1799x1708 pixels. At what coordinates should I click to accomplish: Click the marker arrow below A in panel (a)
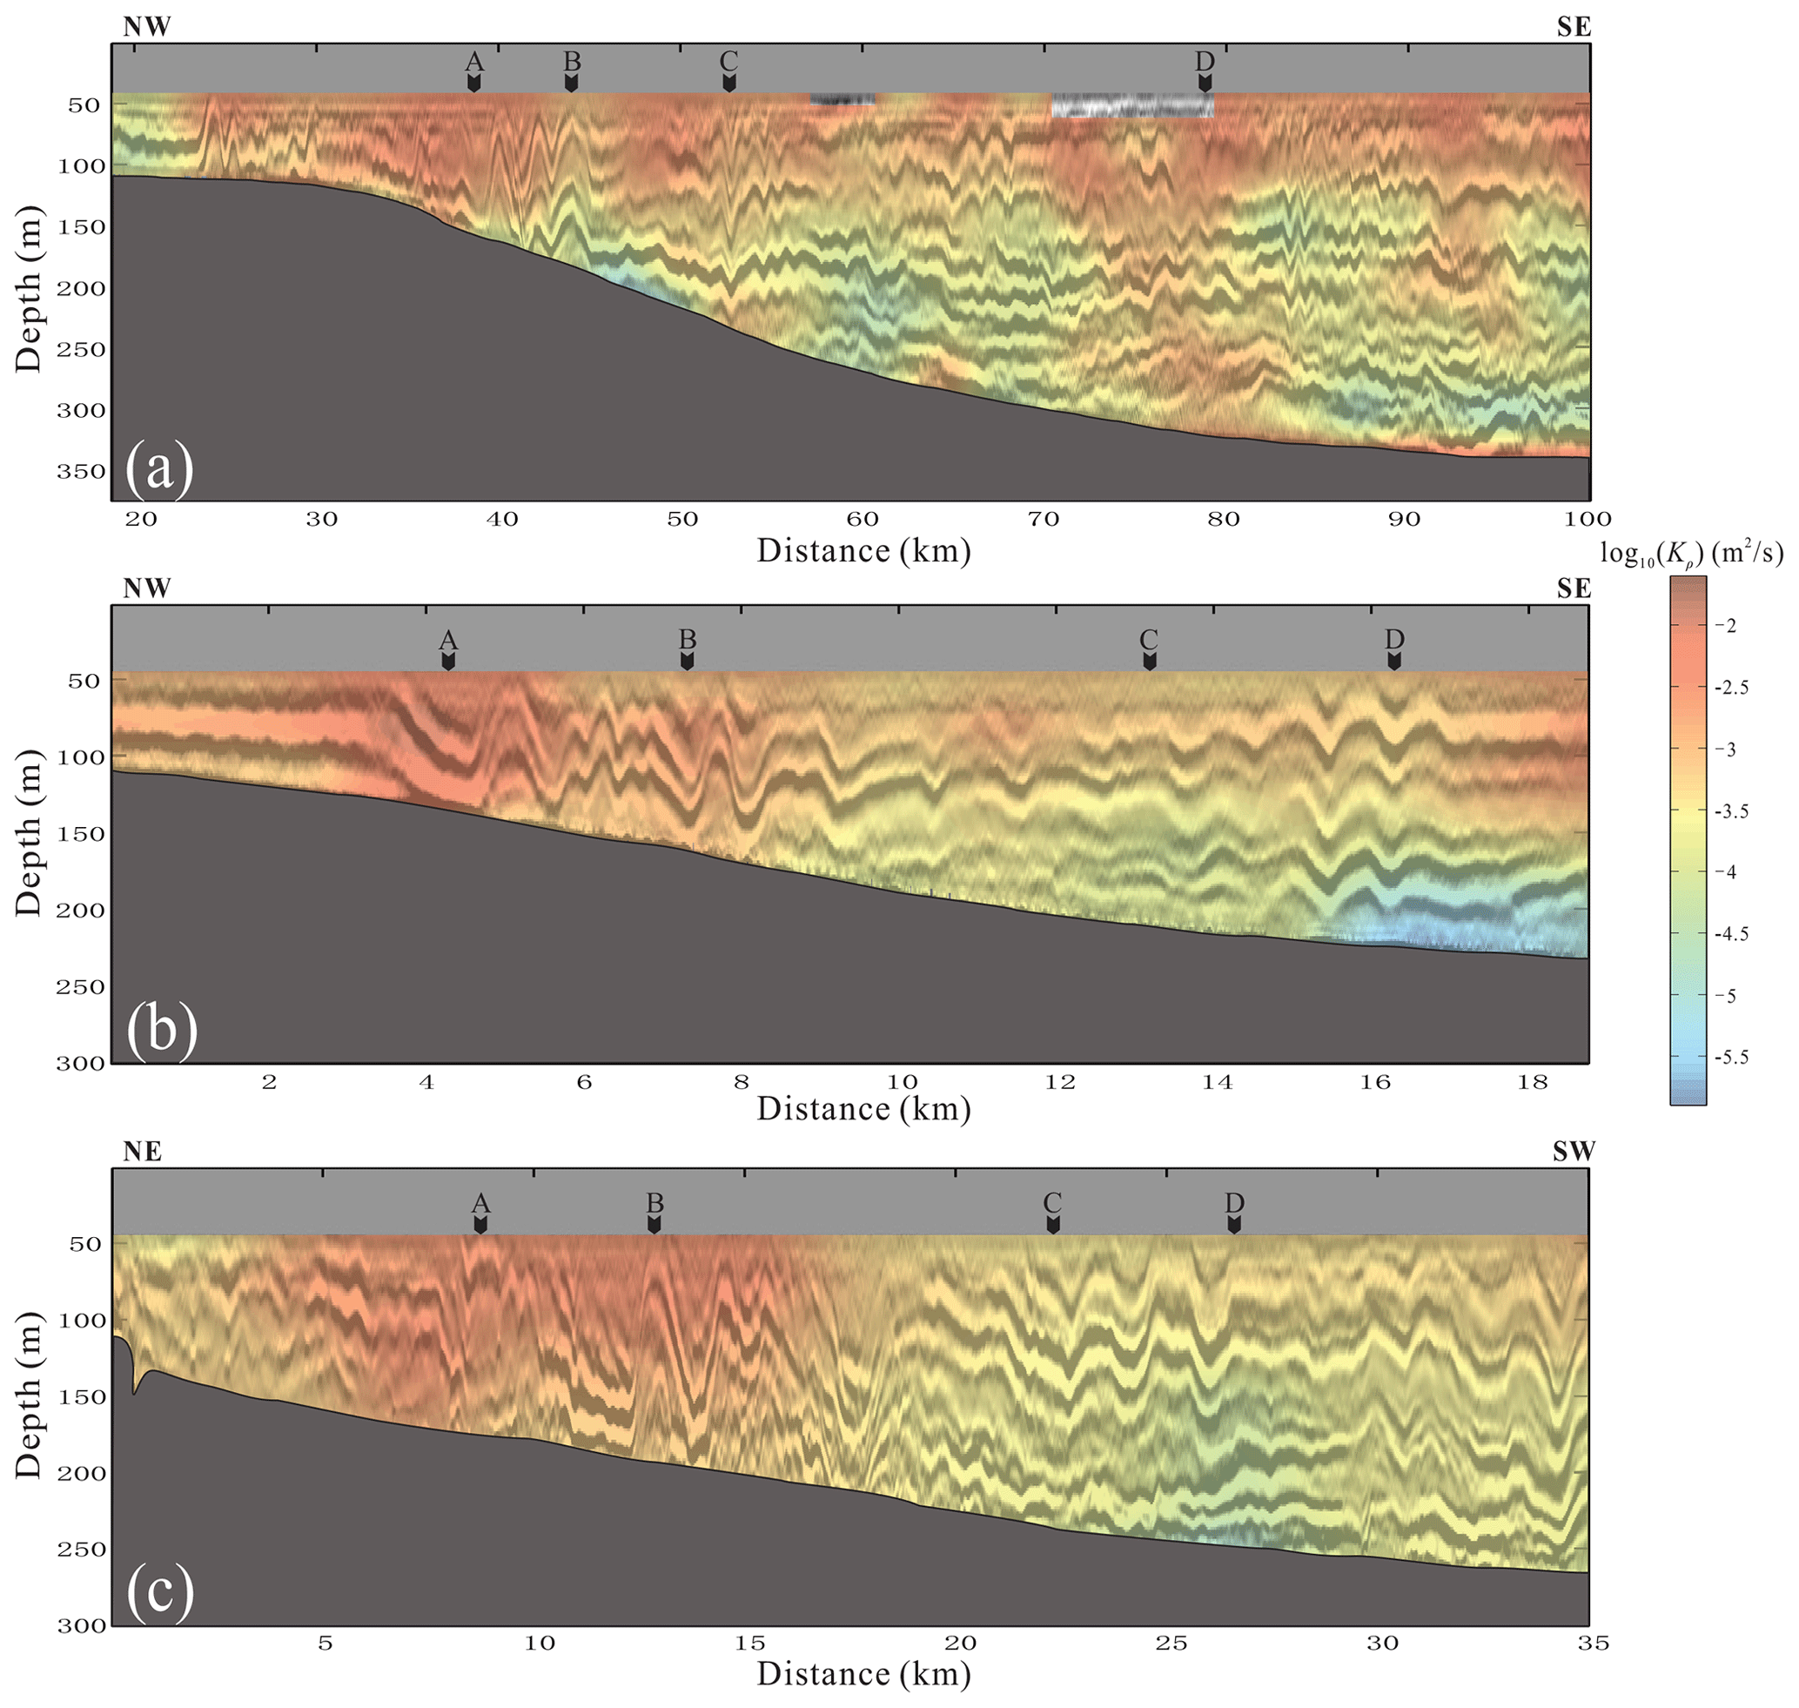click(473, 83)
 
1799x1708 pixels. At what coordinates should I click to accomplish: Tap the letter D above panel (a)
click(1204, 61)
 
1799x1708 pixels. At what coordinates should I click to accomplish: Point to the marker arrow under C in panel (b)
click(1149, 661)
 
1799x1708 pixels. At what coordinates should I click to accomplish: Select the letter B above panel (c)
click(654, 1202)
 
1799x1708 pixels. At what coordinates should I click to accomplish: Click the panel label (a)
click(159, 467)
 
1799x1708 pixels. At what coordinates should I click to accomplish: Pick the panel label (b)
click(161, 1029)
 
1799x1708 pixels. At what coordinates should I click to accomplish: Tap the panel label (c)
click(160, 1593)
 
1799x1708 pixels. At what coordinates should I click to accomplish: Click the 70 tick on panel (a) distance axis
click(1044, 520)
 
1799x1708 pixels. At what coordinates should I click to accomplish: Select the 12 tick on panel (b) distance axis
click(1060, 1083)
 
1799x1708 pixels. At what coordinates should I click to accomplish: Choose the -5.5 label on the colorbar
click(1730, 1058)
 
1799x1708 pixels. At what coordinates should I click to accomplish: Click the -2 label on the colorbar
click(1725, 625)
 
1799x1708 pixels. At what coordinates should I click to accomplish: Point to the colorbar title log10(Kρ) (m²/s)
click(1691, 553)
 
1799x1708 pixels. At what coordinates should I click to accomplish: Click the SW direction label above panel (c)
click(1573, 1152)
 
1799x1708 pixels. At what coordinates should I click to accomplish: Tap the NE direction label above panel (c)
click(143, 1152)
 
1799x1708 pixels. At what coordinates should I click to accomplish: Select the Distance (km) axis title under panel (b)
click(863, 1109)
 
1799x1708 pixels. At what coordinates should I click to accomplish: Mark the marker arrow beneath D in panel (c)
click(1233, 1225)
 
